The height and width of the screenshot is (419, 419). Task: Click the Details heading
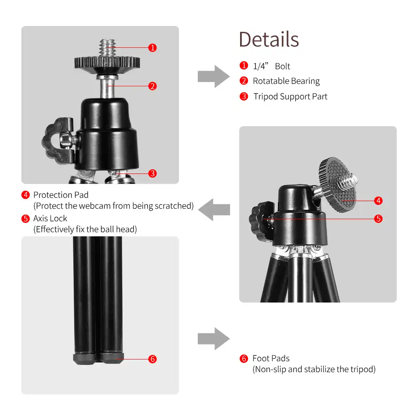[x=269, y=39]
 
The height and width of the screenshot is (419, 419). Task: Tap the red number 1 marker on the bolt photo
[x=153, y=47]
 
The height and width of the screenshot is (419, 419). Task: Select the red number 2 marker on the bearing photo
[x=153, y=86]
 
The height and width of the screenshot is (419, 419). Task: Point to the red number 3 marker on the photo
[x=153, y=173]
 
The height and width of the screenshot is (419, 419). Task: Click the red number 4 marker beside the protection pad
[x=378, y=201]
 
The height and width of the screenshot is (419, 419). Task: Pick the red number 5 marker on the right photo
[x=378, y=219]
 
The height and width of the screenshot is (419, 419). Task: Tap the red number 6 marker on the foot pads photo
[x=153, y=359]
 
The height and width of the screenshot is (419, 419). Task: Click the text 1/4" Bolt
[x=272, y=66]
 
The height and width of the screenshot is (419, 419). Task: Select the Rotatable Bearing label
[x=286, y=81]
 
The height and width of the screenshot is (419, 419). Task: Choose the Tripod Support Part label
[x=290, y=96]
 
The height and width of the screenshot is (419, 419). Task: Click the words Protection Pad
[x=61, y=195]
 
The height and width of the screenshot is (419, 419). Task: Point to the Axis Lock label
[x=50, y=218]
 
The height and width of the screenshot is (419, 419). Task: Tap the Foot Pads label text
[x=271, y=358]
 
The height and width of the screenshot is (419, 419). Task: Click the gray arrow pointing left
[x=214, y=209]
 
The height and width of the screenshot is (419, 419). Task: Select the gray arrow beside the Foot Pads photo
[x=214, y=339]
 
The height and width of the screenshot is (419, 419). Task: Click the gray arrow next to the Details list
[x=214, y=76]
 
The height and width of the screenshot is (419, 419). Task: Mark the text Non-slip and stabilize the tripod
[x=314, y=370]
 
